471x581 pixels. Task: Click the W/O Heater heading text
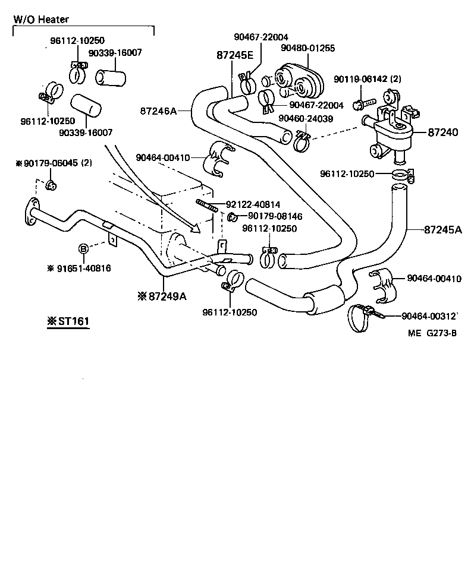click(41, 19)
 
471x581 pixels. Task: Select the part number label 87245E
click(234, 55)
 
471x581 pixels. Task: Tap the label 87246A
click(158, 110)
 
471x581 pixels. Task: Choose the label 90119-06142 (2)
click(367, 79)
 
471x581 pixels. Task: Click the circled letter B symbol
click(84, 248)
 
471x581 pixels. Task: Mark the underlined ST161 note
click(68, 322)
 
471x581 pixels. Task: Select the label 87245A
click(442, 229)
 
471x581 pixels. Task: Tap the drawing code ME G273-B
click(432, 333)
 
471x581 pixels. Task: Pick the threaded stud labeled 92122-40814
click(206, 206)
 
